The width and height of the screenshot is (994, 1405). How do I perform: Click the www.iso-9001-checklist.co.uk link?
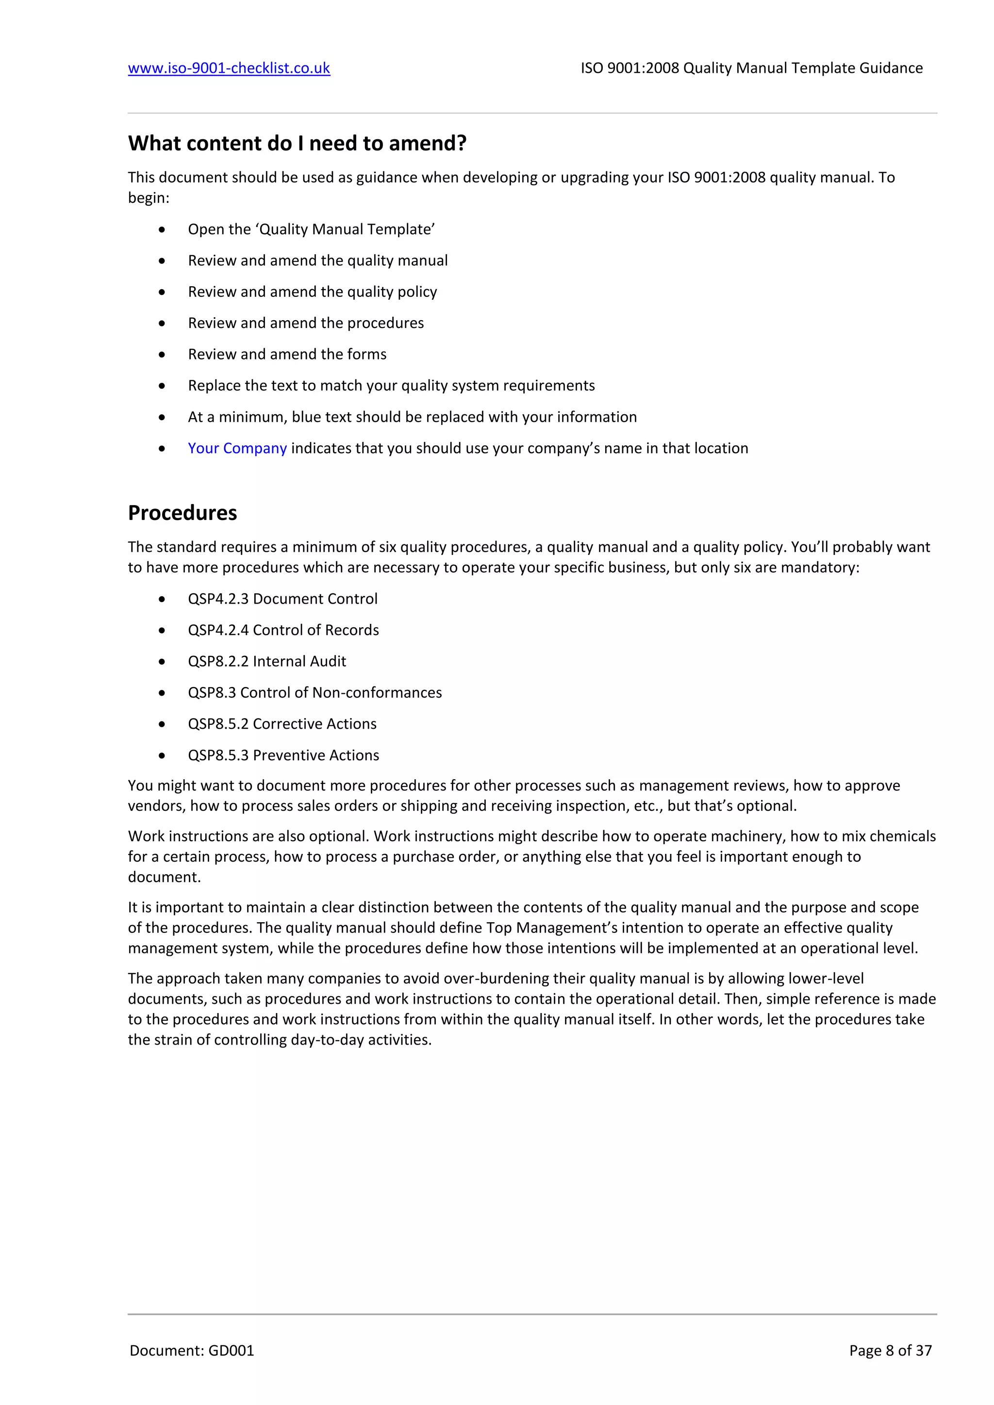(229, 68)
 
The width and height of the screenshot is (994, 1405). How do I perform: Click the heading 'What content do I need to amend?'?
(297, 143)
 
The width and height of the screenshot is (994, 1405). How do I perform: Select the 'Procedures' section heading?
(182, 513)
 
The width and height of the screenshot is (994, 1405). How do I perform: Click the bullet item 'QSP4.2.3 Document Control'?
(282, 599)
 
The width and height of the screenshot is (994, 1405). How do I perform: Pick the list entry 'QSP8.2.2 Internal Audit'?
(267, 661)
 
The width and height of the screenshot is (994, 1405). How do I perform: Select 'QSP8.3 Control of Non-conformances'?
(315, 692)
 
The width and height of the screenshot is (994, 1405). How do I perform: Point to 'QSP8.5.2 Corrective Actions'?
(282, 723)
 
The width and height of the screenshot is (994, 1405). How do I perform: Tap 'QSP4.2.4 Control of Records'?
(283, 630)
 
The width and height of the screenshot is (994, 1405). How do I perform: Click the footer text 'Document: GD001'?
(192, 1351)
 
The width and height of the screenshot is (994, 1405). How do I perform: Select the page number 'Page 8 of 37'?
(890, 1351)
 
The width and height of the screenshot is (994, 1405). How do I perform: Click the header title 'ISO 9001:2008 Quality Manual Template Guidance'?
(751, 68)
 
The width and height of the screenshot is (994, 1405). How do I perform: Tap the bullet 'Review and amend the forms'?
(287, 354)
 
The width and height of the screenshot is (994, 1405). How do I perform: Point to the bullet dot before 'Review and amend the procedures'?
(162, 323)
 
